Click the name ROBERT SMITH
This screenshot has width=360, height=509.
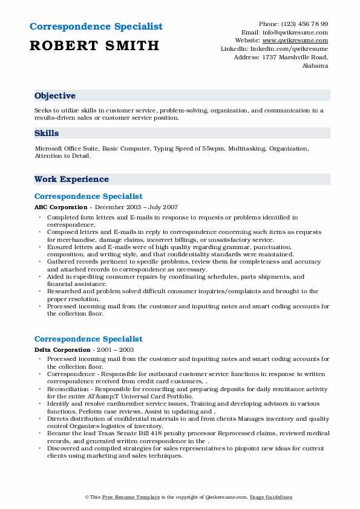[x=94, y=45]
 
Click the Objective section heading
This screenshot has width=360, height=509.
[x=55, y=96]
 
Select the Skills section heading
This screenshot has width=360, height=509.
[x=47, y=134]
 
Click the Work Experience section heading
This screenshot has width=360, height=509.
[x=71, y=180]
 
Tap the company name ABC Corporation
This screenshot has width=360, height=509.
[x=59, y=207]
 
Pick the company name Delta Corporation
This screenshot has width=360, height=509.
[x=60, y=349]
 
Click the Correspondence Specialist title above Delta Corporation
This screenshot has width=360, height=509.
[x=88, y=339]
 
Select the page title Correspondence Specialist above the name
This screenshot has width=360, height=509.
[x=96, y=27]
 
